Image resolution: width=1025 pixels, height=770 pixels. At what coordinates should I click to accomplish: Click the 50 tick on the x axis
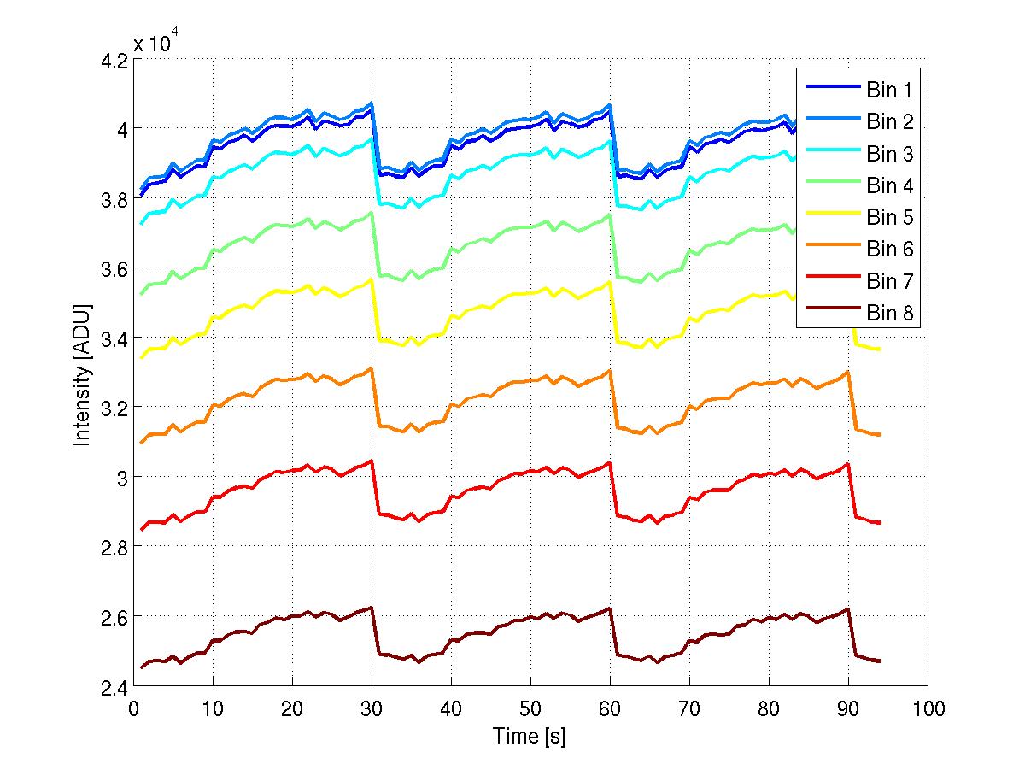(x=530, y=708)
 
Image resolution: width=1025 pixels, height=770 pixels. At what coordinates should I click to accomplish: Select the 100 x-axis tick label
(x=928, y=708)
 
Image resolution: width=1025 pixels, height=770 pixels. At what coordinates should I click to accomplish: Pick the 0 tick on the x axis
(x=133, y=708)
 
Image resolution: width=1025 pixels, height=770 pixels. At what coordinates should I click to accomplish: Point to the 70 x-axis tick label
(x=689, y=708)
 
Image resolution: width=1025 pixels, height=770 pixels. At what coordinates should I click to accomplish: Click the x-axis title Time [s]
(x=530, y=735)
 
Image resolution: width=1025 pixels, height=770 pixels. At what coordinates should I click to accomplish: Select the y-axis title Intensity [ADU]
(x=83, y=373)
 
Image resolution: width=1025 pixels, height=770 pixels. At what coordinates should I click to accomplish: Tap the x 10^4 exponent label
(x=155, y=42)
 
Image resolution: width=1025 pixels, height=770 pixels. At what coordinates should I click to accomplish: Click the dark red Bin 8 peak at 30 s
(x=372, y=608)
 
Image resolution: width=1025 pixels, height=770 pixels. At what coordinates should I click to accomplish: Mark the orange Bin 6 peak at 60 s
(x=610, y=371)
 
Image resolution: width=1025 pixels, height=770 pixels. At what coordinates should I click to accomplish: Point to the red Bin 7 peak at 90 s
(x=847, y=464)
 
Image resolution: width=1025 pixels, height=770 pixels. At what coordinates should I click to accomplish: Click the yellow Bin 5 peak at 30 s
(x=372, y=279)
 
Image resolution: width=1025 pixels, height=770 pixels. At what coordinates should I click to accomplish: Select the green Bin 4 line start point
(x=142, y=294)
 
